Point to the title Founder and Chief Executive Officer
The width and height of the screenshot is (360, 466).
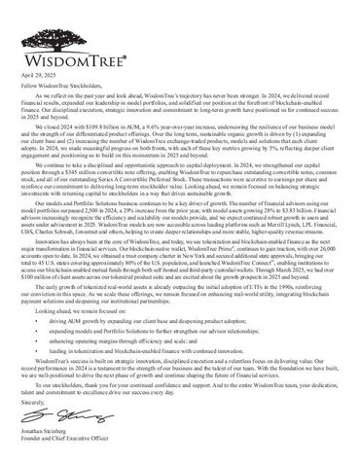pos(63,461)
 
